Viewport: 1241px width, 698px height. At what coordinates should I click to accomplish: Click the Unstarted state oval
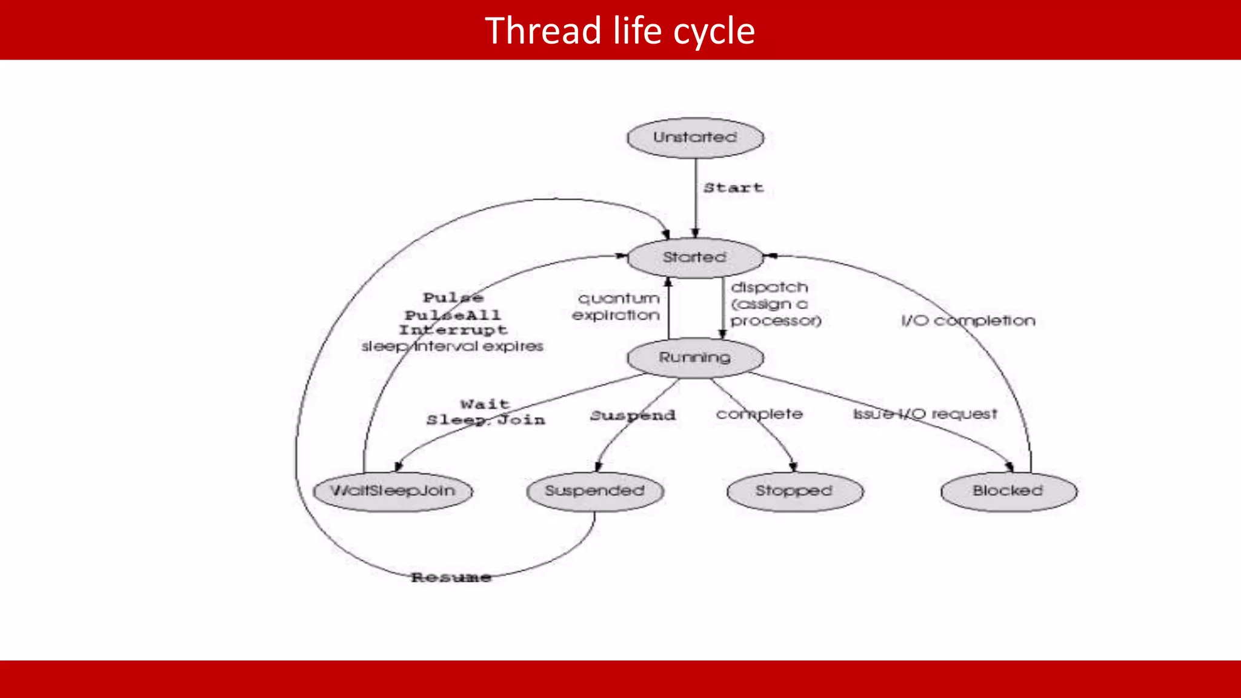click(695, 138)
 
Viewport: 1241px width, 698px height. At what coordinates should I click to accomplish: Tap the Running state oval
click(695, 358)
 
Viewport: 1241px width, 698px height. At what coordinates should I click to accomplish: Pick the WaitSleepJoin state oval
click(393, 491)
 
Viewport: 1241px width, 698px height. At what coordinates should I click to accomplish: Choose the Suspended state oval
click(594, 491)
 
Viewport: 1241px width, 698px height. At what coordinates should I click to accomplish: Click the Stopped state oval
click(794, 491)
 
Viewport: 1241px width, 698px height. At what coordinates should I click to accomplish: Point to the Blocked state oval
click(1008, 491)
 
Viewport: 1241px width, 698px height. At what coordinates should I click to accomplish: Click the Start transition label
click(733, 188)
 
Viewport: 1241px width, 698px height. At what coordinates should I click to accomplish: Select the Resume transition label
click(451, 577)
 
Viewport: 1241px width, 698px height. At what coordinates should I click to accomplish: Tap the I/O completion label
click(968, 321)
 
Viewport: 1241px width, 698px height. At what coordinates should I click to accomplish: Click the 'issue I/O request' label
click(925, 414)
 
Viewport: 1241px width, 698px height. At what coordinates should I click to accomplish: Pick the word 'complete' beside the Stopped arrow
click(759, 414)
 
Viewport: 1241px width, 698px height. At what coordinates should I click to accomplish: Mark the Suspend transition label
click(633, 416)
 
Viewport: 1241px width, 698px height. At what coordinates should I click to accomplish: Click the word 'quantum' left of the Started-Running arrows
click(619, 299)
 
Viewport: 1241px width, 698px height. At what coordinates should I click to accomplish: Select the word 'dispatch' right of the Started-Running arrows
click(769, 287)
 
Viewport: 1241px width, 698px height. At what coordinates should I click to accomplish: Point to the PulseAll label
click(453, 315)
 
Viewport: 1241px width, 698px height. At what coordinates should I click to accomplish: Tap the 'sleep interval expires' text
click(452, 347)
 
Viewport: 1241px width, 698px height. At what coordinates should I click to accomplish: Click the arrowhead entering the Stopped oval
click(793, 467)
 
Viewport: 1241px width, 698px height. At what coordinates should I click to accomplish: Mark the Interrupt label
click(453, 330)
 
